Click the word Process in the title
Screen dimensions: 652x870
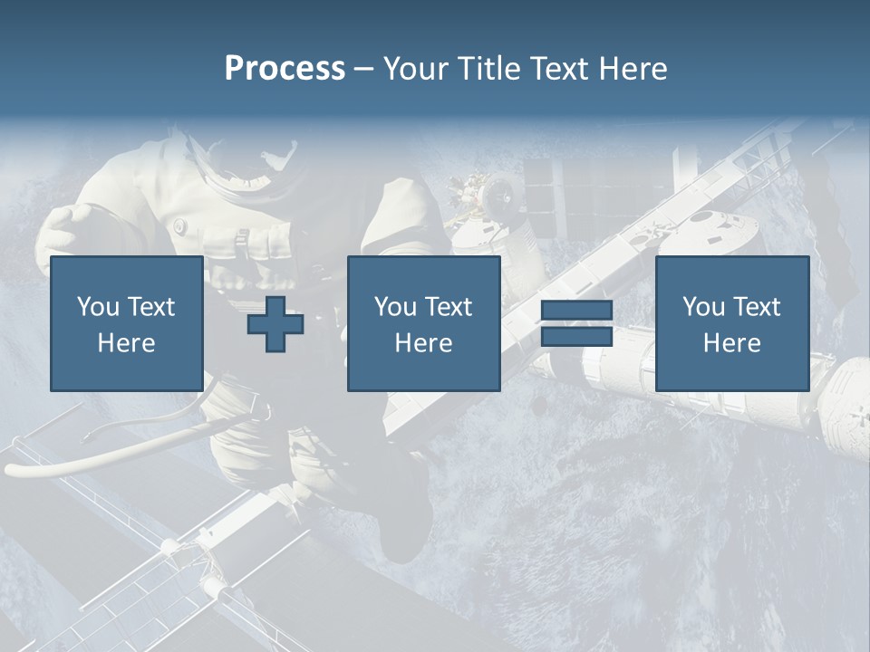pyautogui.click(x=285, y=69)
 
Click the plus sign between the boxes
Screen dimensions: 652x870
pyautogui.click(x=275, y=324)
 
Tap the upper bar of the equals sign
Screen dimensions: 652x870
pyautogui.click(x=576, y=311)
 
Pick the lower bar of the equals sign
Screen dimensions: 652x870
pyautogui.click(x=576, y=337)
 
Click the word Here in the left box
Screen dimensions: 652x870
pyautogui.click(x=126, y=343)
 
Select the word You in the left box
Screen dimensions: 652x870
pyautogui.click(x=98, y=307)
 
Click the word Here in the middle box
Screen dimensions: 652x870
pyautogui.click(x=423, y=343)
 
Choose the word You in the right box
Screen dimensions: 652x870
pyautogui.click(x=703, y=307)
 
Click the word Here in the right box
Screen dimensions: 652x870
pyautogui.click(x=731, y=343)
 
